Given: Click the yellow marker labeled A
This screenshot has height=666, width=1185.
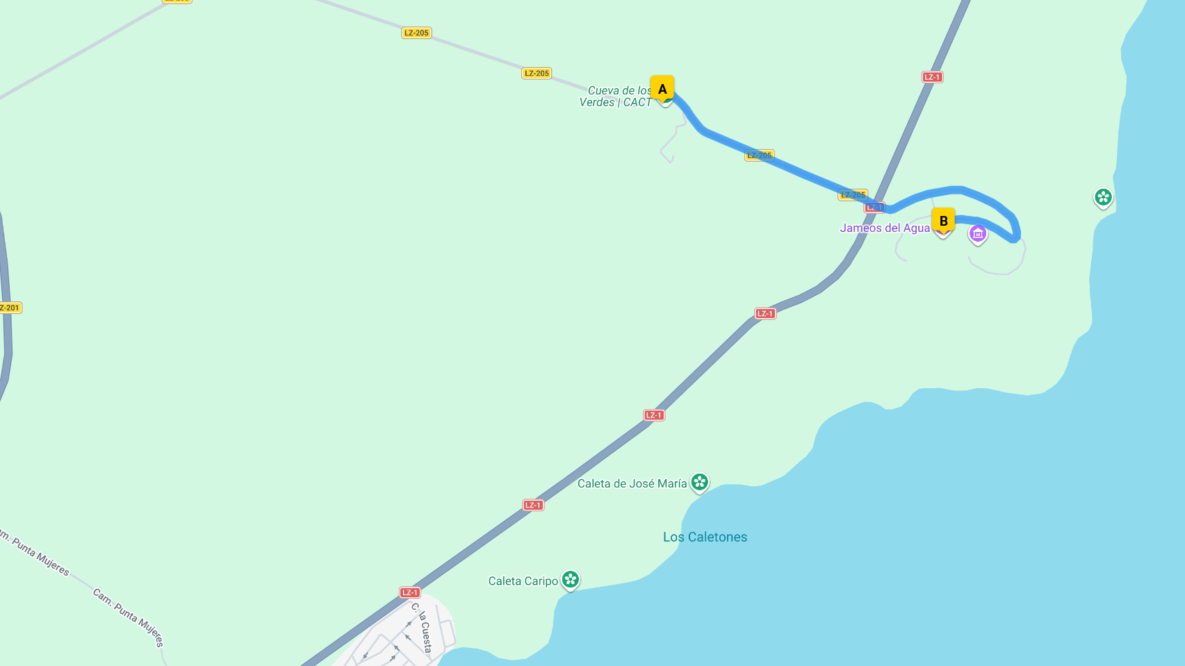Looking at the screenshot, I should click(662, 88).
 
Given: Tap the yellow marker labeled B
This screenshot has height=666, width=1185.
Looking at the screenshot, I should click(943, 221).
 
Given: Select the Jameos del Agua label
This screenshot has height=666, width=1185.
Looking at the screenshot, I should click(884, 228).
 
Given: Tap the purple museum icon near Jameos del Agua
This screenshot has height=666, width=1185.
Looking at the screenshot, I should click(978, 234).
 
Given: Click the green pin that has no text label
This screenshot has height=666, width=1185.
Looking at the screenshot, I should click(1103, 197).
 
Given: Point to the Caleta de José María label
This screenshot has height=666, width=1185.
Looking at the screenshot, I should click(632, 483).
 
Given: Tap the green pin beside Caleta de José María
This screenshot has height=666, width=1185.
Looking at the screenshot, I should click(700, 482).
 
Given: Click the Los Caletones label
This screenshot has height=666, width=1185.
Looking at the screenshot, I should click(705, 537).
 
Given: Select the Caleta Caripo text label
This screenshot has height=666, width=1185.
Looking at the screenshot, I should click(523, 581).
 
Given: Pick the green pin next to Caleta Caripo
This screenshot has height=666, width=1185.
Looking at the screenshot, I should click(571, 579).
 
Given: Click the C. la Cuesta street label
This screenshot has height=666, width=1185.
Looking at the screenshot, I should click(422, 628).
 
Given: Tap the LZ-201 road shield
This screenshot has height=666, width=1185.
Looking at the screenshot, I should click(10, 308).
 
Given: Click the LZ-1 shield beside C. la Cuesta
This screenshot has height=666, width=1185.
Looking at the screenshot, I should click(410, 592).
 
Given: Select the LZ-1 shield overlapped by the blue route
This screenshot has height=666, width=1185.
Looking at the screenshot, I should click(874, 207).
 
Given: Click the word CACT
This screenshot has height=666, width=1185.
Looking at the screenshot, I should click(637, 103).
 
